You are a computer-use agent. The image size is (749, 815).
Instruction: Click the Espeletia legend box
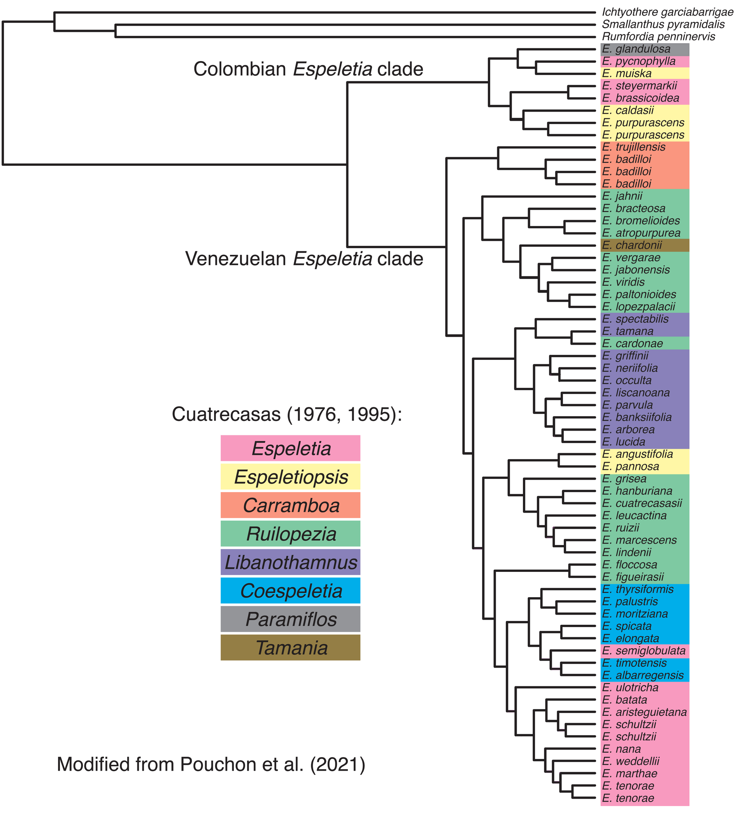pyautogui.click(x=290, y=449)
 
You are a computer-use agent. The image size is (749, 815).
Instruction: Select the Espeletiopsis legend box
pyautogui.click(x=290, y=477)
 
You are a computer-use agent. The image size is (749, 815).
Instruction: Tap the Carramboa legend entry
pyautogui.click(x=290, y=505)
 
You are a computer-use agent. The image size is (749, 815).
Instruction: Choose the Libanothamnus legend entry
pyautogui.click(x=290, y=562)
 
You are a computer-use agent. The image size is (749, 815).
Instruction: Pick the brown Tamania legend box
pyautogui.click(x=290, y=648)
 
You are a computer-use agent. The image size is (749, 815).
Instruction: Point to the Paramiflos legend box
pyautogui.click(x=290, y=619)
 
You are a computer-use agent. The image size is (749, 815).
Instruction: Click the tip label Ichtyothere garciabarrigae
pyautogui.click(x=667, y=12)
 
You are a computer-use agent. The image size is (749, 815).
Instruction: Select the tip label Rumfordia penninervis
pyautogui.click(x=658, y=37)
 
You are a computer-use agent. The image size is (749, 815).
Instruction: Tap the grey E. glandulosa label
pyautogui.click(x=636, y=49)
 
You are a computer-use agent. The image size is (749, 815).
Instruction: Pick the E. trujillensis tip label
pyautogui.click(x=633, y=147)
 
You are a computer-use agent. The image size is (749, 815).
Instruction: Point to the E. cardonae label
pyautogui.click(x=632, y=344)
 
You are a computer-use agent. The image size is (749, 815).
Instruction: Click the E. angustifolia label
pyautogui.click(x=637, y=454)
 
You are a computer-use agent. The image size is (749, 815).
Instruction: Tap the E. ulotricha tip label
pyautogui.click(x=630, y=688)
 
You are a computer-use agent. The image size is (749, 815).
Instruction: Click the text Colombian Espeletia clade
pyautogui.click(x=308, y=69)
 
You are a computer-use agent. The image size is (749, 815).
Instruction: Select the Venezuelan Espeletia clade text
pyautogui.click(x=304, y=259)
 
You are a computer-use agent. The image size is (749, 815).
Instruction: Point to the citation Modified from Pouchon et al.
pyautogui.click(x=211, y=764)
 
